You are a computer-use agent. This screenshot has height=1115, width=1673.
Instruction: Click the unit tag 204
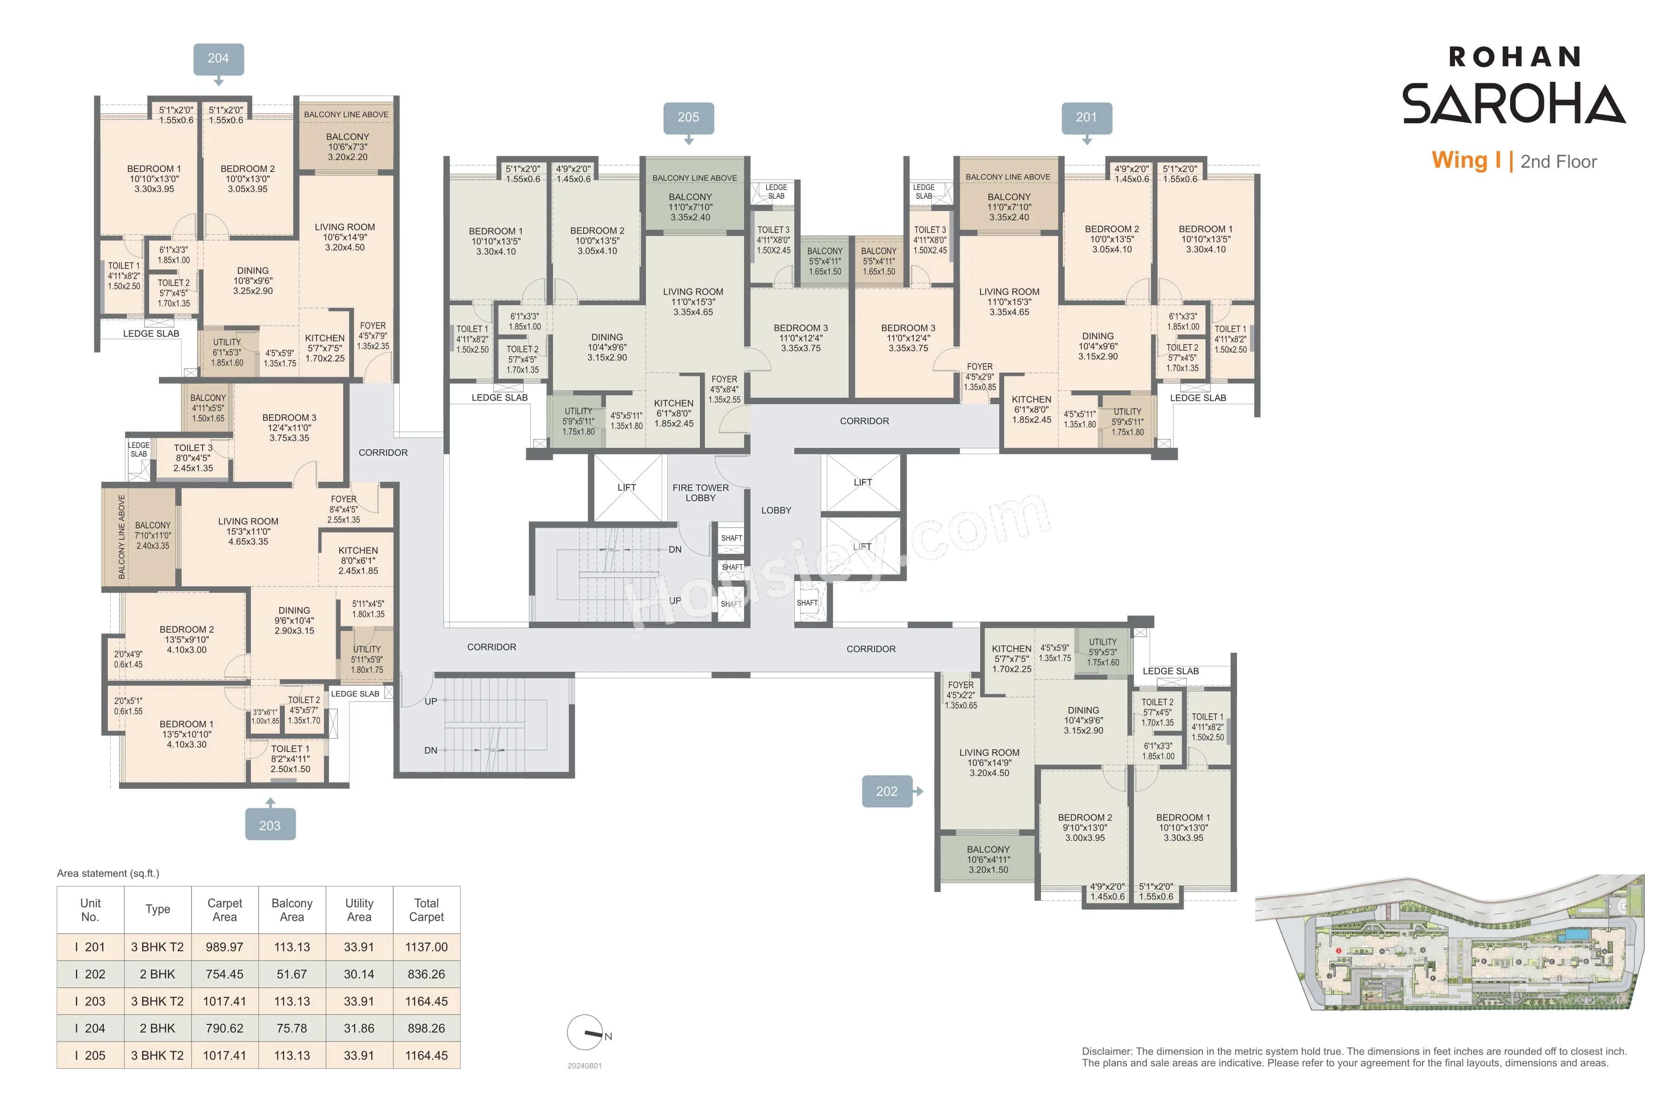pyautogui.click(x=218, y=59)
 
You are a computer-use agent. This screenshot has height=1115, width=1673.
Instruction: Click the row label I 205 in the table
pyautogui.click(x=90, y=1055)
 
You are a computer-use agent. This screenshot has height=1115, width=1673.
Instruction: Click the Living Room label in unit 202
pyautogui.click(x=989, y=762)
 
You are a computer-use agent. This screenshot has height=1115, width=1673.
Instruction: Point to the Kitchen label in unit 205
pyautogui.click(x=673, y=413)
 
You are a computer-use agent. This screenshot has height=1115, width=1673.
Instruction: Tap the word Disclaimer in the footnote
pyautogui.click(x=1106, y=1051)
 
